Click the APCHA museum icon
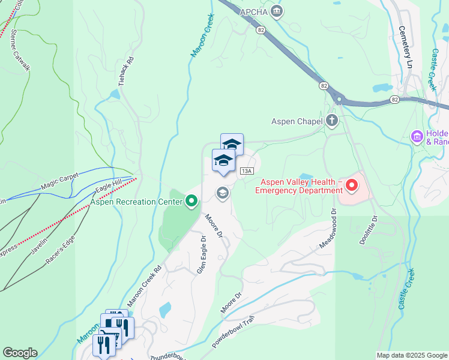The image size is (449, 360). (x=277, y=11)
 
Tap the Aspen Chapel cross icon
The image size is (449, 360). (x=332, y=121)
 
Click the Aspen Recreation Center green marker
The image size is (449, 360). (x=191, y=200)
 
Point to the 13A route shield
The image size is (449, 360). (x=246, y=171)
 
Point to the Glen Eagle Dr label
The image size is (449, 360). (x=202, y=254)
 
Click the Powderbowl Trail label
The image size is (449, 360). (x=238, y=333)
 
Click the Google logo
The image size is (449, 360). (x=20, y=353)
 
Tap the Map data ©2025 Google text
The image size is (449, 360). (x=411, y=355)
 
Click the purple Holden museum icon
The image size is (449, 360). (x=417, y=137)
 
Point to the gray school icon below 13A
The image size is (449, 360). (x=222, y=193)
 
